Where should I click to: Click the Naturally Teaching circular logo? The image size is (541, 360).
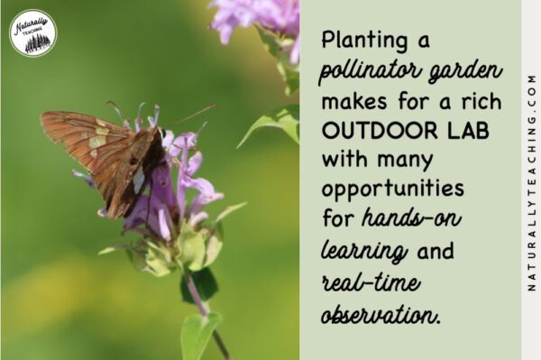pyautogui.click(x=32, y=33)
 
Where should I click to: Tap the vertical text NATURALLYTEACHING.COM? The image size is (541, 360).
pyautogui.click(x=531, y=180)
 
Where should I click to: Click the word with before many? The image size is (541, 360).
pyautogui.click(x=341, y=161)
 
